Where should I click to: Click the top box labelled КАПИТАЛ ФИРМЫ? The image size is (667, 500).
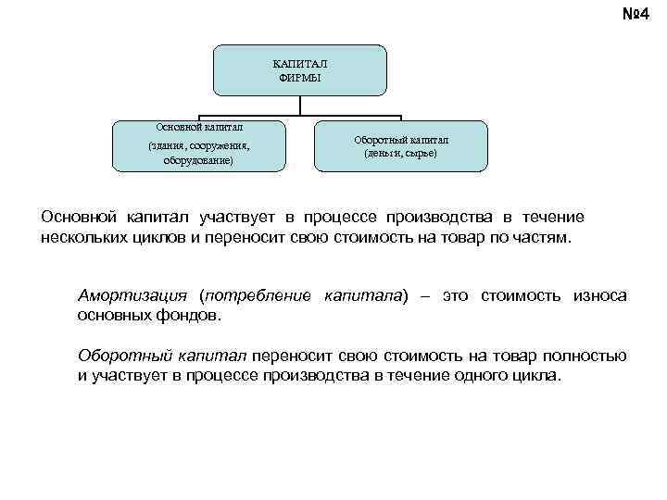click(x=299, y=70)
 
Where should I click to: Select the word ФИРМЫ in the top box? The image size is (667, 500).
click(x=299, y=77)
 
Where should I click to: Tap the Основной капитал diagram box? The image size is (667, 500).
click(x=199, y=146)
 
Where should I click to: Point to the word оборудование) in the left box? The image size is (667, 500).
click(x=199, y=160)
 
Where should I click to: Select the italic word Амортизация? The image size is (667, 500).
click(x=134, y=296)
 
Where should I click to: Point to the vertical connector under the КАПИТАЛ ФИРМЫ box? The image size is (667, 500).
click(x=299, y=106)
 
